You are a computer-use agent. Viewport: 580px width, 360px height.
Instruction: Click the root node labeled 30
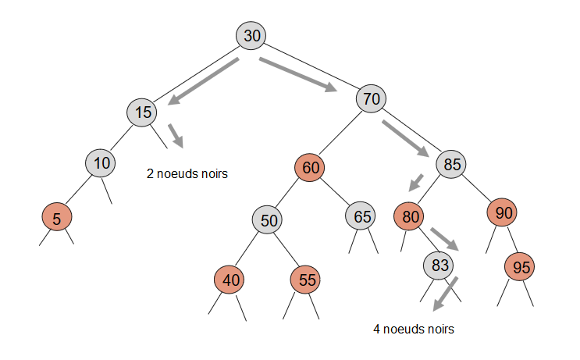(251, 36)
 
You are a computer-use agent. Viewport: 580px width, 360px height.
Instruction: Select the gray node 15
(143, 112)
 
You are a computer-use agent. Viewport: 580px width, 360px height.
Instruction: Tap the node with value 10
(101, 163)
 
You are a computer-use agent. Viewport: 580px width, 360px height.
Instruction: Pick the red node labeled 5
(57, 219)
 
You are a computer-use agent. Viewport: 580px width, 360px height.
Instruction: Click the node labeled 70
(372, 99)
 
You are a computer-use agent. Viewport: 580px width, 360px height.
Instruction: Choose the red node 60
(311, 167)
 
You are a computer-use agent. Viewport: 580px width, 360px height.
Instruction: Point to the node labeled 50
(269, 221)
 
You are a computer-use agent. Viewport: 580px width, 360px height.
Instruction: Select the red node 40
(230, 279)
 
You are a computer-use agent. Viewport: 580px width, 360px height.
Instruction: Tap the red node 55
(306, 279)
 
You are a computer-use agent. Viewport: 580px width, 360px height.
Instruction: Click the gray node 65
(361, 216)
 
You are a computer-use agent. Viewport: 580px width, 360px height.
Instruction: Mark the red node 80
(409, 216)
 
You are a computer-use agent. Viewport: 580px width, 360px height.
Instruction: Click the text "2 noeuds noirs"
(187, 174)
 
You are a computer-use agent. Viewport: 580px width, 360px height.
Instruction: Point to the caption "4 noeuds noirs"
(413, 329)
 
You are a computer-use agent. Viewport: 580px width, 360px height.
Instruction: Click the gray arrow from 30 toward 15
(205, 80)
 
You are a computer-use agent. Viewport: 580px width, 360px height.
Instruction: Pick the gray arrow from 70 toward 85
(405, 138)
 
